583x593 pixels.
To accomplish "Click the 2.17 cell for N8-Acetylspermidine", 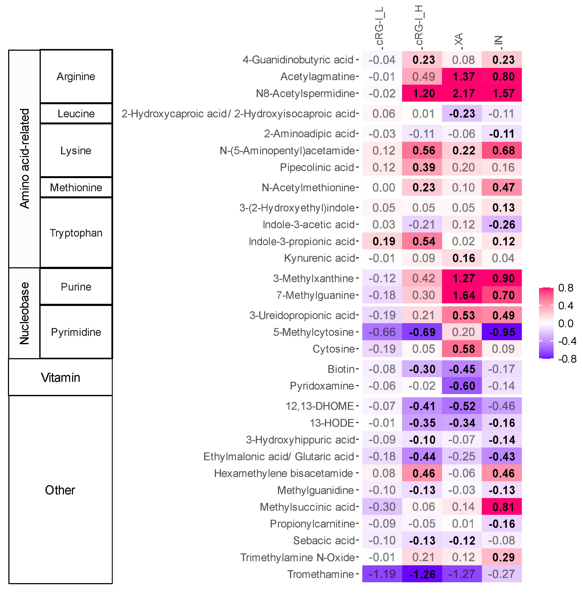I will click(x=463, y=93).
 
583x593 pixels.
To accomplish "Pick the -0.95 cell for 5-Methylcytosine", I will click(x=502, y=332).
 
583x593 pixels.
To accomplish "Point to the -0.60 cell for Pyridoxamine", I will click(x=462, y=386).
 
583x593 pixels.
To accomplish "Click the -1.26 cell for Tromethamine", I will click(x=422, y=574).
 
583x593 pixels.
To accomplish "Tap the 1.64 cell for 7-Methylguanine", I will click(x=463, y=295).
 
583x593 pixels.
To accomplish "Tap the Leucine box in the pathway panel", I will click(x=76, y=114).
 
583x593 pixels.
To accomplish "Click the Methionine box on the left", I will click(x=76, y=188).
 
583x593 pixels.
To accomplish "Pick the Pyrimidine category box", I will click(x=76, y=332).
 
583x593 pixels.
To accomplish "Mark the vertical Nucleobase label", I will click(x=24, y=313).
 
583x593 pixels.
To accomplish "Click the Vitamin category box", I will click(x=60, y=378).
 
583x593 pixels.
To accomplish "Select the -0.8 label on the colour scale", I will click(x=567, y=359).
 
